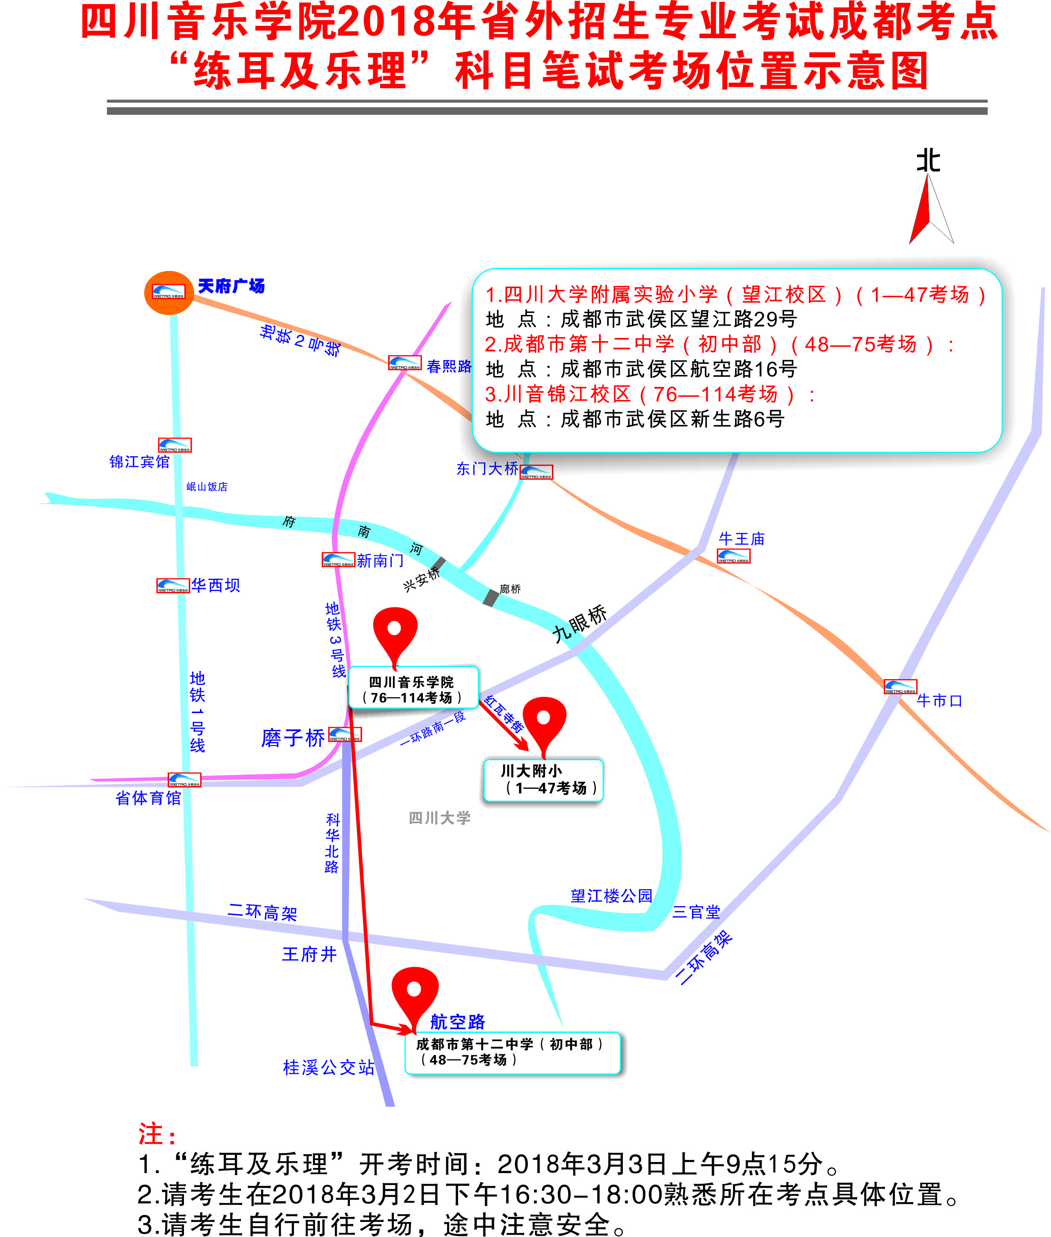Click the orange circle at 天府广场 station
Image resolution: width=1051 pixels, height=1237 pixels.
(169, 292)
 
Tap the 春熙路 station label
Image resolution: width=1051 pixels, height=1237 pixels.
(449, 366)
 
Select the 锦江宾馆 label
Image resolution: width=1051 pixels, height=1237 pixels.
(139, 462)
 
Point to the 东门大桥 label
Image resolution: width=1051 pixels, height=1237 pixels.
(487, 469)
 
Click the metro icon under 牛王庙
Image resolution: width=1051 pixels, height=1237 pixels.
(733, 556)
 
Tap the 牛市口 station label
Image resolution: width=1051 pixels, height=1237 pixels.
(939, 700)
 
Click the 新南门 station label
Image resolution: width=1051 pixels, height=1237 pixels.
(380, 560)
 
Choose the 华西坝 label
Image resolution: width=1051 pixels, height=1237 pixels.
(215, 585)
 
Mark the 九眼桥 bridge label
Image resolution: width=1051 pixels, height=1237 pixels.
(579, 623)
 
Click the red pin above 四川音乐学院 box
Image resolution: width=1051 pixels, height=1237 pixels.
(395, 631)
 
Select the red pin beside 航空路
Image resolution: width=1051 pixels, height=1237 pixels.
(414, 992)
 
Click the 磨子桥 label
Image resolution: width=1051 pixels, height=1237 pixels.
(293, 738)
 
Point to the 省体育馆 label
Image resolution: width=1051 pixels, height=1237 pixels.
(148, 798)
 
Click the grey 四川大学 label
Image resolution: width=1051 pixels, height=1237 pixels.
(440, 818)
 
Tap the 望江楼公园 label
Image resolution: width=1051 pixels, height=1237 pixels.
(611, 896)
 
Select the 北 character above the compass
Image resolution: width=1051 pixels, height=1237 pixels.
(928, 161)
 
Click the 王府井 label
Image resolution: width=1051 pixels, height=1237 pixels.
(309, 954)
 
